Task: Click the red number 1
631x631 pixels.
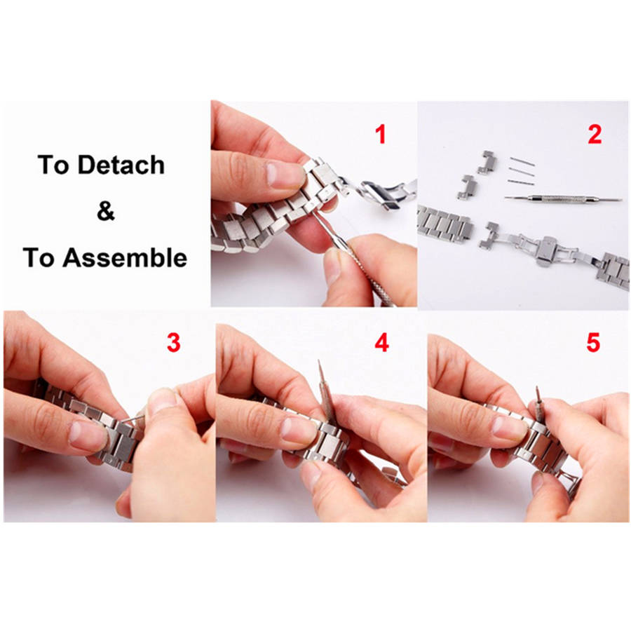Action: [380, 134]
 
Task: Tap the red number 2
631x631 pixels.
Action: [595, 134]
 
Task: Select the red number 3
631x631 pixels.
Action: [173, 343]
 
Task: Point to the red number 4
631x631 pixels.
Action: [382, 343]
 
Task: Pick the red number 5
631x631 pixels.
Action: [593, 343]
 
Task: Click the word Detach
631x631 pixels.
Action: [121, 165]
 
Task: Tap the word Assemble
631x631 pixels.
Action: [125, 257]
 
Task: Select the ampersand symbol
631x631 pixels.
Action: [106, 211]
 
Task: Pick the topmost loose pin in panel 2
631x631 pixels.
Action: [522, 161]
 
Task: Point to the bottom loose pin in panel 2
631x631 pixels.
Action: [521, 182]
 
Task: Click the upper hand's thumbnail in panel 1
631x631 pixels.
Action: [285, 175]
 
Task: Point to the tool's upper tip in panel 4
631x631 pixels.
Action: [319, 361]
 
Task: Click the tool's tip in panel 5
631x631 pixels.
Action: [537, 388]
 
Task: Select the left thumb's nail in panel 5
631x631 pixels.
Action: [510, 428]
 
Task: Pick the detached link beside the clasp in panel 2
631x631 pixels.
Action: [489, 236]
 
